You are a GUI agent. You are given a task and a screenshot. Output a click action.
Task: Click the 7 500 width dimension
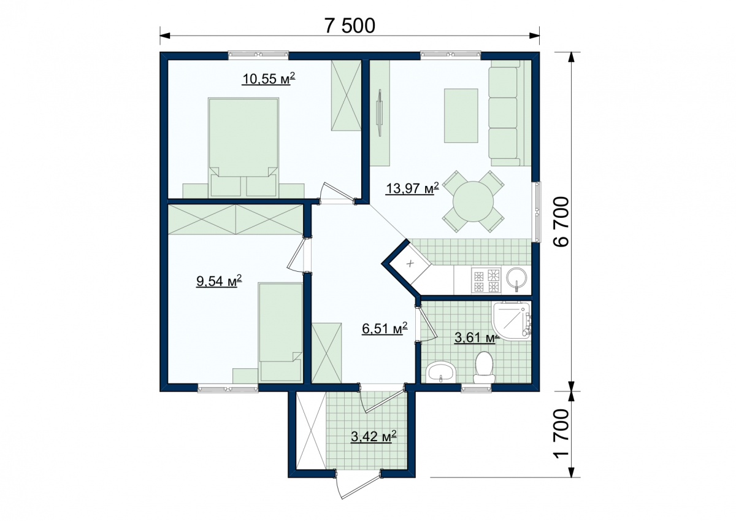point(350,26)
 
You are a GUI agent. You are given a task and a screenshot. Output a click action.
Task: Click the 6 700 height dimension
point(561,222)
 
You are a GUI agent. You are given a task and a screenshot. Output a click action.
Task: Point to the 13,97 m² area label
point(412,188)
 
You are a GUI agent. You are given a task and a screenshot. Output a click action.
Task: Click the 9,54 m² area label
point(219,281)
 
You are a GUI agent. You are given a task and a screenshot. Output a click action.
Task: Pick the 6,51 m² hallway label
point(385,328)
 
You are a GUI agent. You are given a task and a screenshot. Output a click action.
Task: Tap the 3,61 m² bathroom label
point(477,338)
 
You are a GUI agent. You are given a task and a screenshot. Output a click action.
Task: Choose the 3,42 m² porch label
point(374,437)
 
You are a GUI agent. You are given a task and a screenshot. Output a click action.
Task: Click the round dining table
point(473,201)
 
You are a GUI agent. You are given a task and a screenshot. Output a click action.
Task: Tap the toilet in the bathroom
point(484,367)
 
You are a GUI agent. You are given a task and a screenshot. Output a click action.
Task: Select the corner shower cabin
point(512,321)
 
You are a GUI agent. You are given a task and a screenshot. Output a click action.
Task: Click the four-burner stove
point(486,280)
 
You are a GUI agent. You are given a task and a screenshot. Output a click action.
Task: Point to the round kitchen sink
point(516,278)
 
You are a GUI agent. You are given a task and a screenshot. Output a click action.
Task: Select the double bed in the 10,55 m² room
point(243,148)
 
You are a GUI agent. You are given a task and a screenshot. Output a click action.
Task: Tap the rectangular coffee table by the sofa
point(461,116)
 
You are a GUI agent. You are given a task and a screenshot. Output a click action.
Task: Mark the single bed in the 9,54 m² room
point(280,333)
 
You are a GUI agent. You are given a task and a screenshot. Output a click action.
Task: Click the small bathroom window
point(476,390)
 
